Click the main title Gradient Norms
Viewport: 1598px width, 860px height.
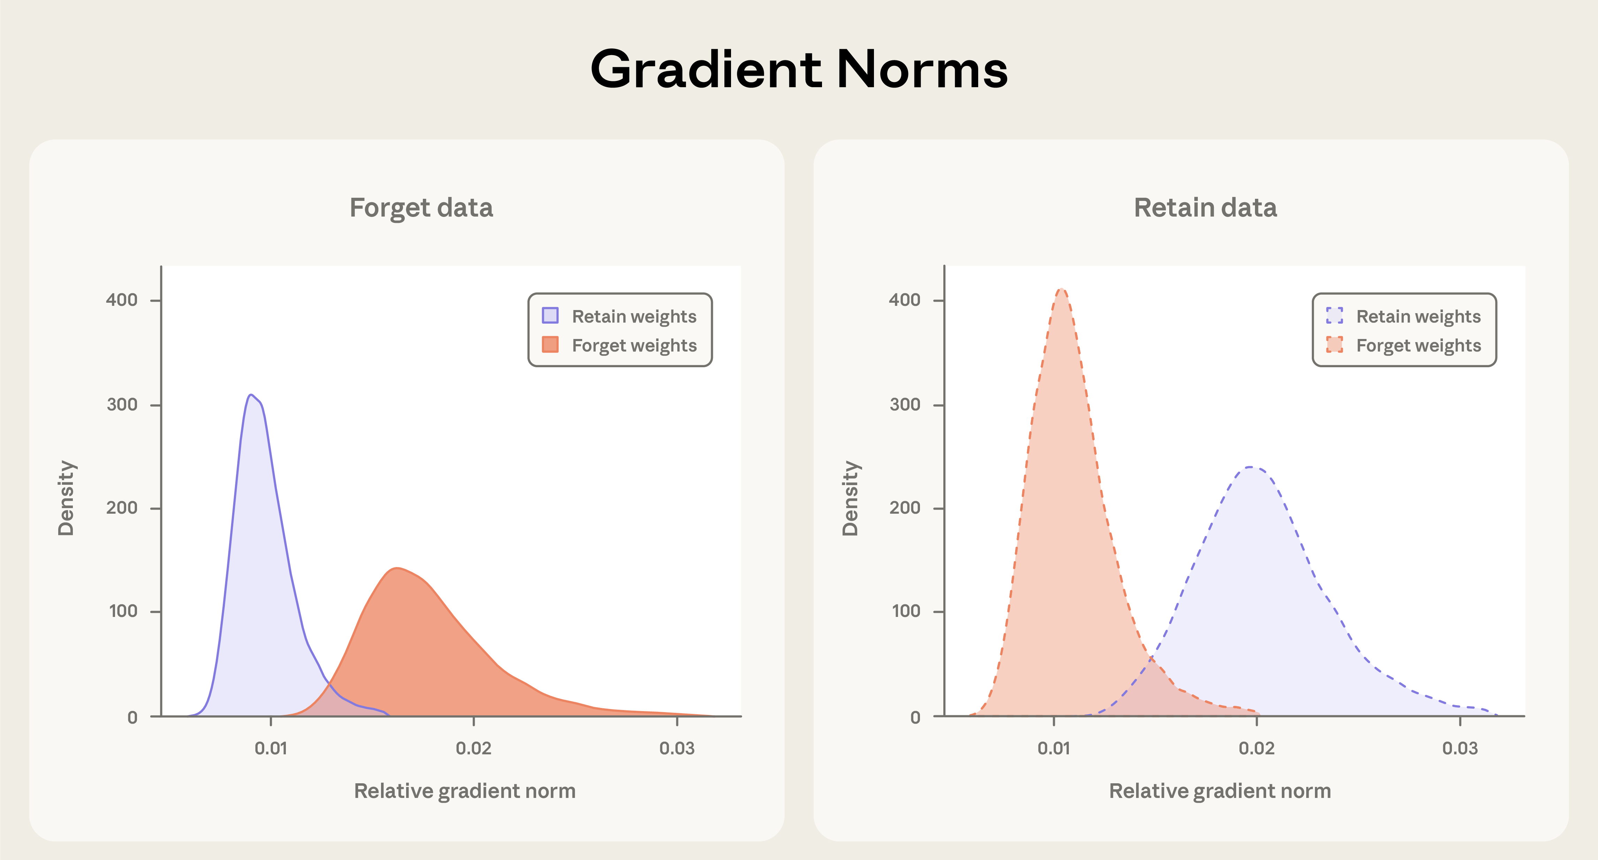tap(799, 69)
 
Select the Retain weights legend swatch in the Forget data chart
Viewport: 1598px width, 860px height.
tap(550, 315)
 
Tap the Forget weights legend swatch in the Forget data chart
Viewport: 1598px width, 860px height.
tap(550, 344)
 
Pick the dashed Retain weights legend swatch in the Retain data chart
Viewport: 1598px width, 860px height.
tap(1334, 315)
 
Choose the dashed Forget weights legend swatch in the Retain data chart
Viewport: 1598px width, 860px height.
tap(1334, 344)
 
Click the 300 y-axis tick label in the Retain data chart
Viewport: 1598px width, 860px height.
tap(905, 405)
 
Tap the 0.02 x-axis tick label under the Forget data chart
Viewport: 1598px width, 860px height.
tap(473, 748)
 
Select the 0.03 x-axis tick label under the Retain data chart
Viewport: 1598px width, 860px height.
tap(1460, 748)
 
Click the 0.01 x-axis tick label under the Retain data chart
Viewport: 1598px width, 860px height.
tap(1053, 748)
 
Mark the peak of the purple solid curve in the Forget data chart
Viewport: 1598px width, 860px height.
tap(250, 395)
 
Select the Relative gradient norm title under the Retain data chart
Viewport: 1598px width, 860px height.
tap(1220, 791)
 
